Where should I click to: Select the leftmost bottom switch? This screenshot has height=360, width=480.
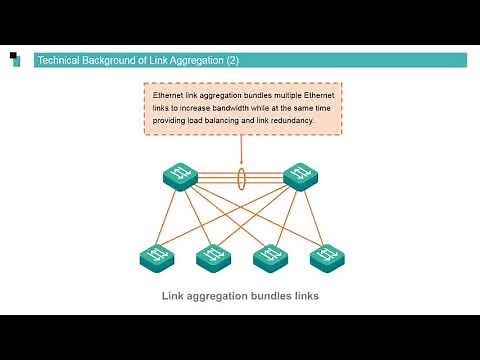click(x=156, y=258)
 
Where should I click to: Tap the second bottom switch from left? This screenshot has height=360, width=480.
click(x=213, y=258)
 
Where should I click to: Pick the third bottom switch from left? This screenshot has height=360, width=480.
click(x=269, y=258)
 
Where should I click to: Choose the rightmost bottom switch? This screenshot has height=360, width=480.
click(x=326, y=258)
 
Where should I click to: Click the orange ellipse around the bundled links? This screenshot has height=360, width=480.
click(x=241, y=179)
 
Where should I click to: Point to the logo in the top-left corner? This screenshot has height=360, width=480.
click(x=14, y=59)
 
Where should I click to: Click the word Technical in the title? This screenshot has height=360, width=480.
click(x=57, y=61)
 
